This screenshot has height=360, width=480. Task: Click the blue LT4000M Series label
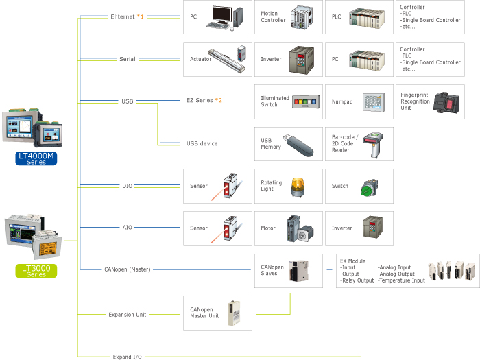(36, 158)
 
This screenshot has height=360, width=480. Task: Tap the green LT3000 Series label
(36, 270)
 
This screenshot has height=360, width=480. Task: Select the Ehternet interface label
(124, 16)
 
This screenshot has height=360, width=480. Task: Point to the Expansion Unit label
(128, 315)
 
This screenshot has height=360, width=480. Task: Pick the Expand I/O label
(128, 357)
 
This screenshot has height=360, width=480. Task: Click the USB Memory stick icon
(299, 143)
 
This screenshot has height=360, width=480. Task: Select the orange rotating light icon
(299, 187)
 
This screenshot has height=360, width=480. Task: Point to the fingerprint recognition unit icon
(448, 101)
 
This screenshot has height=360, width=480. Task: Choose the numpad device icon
(374, 101)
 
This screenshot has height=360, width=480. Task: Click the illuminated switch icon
(305, 101)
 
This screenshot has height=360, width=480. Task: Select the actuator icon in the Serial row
(230, 58)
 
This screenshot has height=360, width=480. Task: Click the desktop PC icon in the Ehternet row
(227, 16)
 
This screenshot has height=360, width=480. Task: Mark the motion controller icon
(302, 16)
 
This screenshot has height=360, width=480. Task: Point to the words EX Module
(353, 261)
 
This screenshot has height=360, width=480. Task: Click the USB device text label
(202, 143)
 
